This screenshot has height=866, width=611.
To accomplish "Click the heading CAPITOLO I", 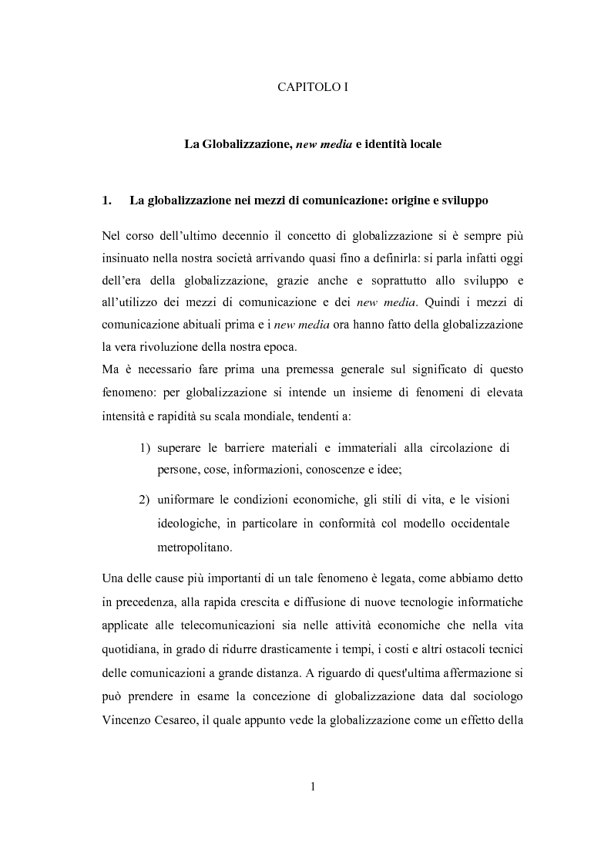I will pyautogui.click(x=313, y=88).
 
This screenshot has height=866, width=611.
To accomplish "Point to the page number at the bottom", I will pyautogui.click(x=313, y=787).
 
